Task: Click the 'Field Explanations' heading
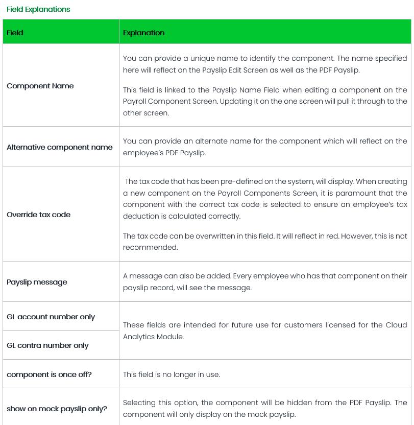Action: point(38,9)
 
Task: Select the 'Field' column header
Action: point(15,33)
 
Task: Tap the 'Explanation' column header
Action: point(143,33)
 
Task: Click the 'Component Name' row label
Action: point(40,86)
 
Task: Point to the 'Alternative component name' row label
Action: point(59,147)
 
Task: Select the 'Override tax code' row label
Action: point(38,215)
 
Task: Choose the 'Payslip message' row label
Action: point(37,282)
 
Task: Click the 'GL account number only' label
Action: point(51,317)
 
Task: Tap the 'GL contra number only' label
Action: point(47,345)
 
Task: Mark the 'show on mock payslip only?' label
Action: point(57,409)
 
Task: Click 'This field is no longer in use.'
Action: point(172,374)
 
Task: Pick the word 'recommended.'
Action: point(150,247)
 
